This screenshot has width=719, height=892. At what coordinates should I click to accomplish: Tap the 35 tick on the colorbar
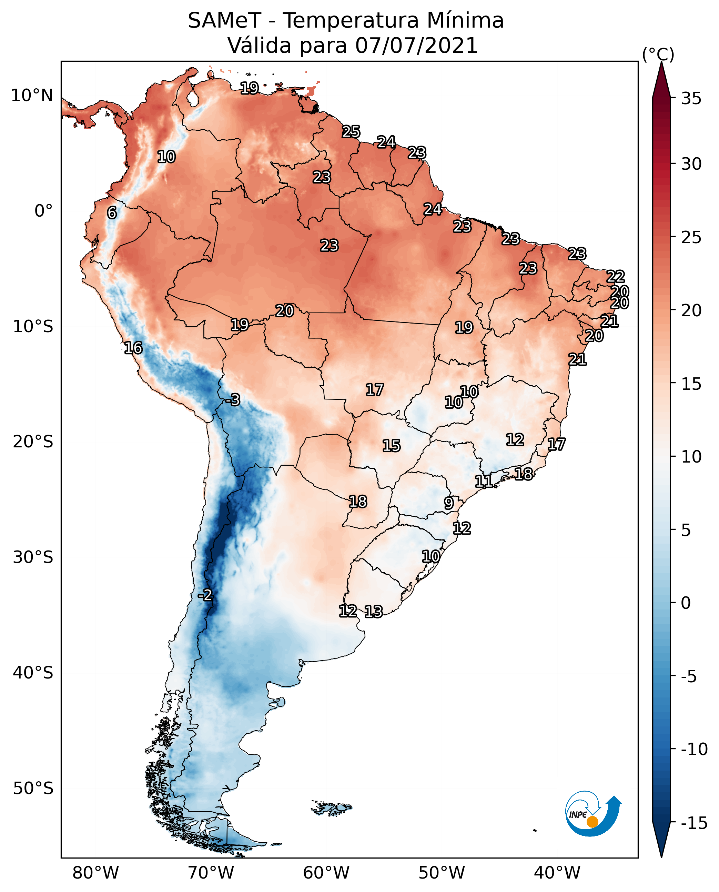point(691,99)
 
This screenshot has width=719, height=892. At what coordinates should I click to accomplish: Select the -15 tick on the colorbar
point(694,823)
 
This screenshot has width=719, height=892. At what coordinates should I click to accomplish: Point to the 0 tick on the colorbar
point(686,603)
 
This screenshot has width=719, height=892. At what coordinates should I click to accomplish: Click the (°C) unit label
point(658,54)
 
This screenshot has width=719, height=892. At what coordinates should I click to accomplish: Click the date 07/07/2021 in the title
point(417,45)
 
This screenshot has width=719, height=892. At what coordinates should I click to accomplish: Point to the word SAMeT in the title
point(224,20)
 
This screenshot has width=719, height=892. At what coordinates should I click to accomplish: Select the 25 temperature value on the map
point(351,131)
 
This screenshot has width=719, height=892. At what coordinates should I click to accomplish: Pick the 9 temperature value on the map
point(448,503)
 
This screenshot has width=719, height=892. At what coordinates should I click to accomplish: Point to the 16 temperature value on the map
point(133,348)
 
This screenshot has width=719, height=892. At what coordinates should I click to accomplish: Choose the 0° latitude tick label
point(43,211)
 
